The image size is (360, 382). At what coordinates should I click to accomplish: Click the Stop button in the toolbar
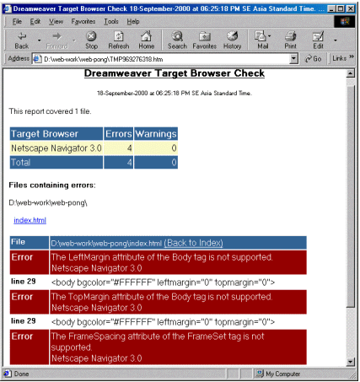[91, 40]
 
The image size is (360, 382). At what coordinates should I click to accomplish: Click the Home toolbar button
[146, 40]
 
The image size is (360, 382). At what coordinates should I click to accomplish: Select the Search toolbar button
[177, 40]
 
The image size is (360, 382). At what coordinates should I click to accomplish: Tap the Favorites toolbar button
[204, 40]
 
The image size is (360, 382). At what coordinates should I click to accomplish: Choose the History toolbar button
[232, 40]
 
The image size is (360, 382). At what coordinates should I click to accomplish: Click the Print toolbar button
[290, 40]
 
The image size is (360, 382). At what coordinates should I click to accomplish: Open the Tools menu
[111, 20]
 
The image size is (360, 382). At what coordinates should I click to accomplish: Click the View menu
[56, 20]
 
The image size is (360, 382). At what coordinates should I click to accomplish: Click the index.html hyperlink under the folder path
[30, 220]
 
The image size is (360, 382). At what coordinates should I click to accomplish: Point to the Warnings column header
[155, 133]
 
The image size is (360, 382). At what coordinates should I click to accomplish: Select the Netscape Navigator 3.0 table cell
[56, 148]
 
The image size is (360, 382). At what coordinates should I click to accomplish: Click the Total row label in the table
[21, 162]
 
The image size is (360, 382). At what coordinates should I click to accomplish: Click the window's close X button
[350, 7]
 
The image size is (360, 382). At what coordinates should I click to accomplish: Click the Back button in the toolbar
[22, 40]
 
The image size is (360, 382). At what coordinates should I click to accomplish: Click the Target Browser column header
[56, 133]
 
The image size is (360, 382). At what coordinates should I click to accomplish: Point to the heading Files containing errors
[52, 184]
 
